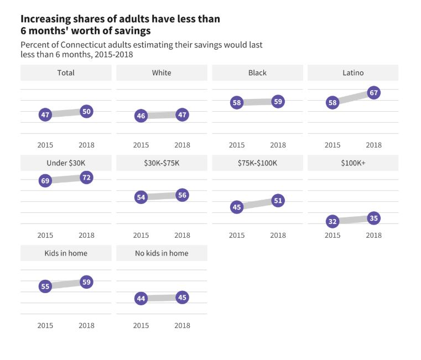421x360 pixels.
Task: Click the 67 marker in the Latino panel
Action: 373,93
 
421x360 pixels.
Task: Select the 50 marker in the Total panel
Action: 86,112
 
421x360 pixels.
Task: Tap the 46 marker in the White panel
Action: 141,116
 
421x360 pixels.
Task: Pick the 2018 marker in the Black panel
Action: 278,102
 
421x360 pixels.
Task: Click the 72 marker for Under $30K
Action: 86,178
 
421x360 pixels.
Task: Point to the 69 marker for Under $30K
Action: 45,181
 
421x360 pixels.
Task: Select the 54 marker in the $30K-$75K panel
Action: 141,197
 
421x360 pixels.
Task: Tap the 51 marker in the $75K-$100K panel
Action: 278,201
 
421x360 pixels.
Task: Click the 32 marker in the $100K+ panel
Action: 332,222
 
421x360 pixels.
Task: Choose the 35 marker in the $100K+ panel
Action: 373,218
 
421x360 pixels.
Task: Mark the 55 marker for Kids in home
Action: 45,286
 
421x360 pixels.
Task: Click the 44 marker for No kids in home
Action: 141,299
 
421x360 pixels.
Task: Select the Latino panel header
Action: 353,73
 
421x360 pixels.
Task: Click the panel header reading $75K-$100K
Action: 257,163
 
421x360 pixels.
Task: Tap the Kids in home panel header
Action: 66,253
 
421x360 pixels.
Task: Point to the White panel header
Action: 162,73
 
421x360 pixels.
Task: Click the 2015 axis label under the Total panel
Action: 45,145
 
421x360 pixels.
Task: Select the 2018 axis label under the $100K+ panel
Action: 373,235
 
